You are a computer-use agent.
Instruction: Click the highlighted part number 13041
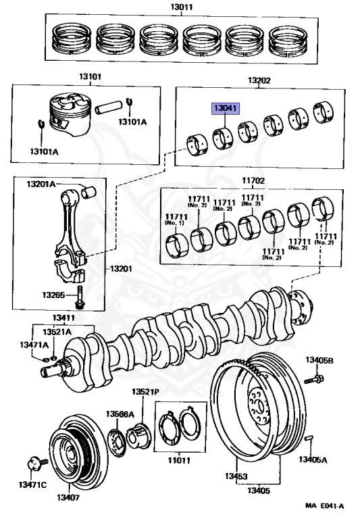226,108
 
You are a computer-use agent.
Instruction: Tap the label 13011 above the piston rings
182,7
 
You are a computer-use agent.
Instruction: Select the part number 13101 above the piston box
90,77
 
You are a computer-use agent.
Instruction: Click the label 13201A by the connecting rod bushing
41,184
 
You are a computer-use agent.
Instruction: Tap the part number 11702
253,180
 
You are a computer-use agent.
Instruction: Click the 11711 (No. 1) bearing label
176,220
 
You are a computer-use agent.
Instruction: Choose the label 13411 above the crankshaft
63,318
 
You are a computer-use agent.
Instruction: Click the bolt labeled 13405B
313,379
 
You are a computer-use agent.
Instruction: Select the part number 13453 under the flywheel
236,476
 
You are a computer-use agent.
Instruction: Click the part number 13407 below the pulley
68,497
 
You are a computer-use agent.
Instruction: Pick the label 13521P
146,392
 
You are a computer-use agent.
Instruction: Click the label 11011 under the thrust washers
179,460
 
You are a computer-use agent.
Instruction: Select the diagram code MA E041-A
324,506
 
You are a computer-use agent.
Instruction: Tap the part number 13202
259,80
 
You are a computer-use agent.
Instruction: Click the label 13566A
120,414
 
